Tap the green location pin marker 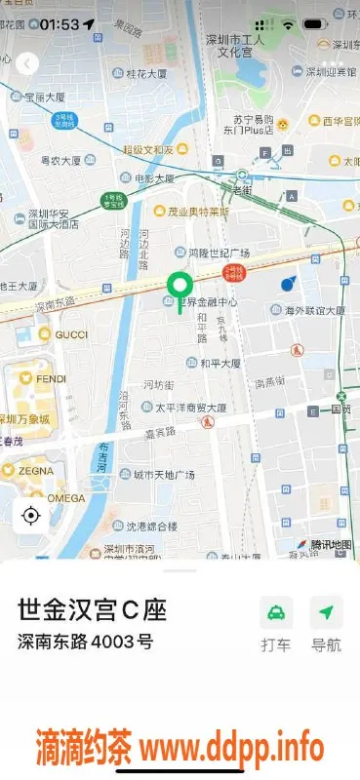click(x=180, y=287)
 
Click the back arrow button click(x=27, y=63)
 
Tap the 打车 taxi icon click(x=276, y=612)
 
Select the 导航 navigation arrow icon click(x=326, y=612)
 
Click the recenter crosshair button click(x=30, y=516)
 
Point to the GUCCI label click(x=70, y=334)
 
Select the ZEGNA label click(x=36, y=470)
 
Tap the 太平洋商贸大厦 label click(x=183, y=409)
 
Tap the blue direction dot click(x=288, y=284)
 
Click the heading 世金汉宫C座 click(x=92, y=610)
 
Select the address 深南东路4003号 click(x=85, y=642)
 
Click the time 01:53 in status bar click(x=60, y=23)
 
